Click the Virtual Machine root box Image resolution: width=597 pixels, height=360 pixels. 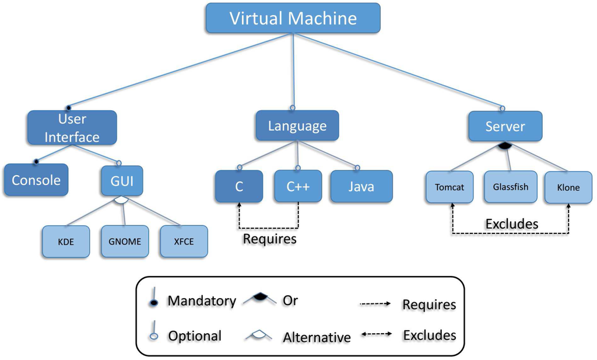click(x=293, y=18)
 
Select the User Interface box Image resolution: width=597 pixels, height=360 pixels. click(x=72, y=128)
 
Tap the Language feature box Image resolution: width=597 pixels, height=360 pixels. click(x=297, y=126)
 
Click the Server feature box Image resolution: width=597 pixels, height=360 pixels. click(x=505, y=126)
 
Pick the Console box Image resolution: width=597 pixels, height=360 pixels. click(x=36, y=180)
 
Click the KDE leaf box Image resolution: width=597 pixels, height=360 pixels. click(x=66, y=242)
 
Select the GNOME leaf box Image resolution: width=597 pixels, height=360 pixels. click(x=125, y=242)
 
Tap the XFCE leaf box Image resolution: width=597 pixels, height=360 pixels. click(x=184, y=242)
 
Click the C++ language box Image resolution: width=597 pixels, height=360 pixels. click(x=297, y=187)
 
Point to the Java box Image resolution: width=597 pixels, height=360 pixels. click(x=361, y=187)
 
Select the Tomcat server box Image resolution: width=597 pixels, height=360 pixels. click(x=449, y=187)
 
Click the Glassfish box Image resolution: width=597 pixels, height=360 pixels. click(x=510, y=187)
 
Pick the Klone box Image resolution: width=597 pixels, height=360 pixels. click(x=568, y=187)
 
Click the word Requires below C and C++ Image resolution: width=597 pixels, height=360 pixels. click(x=269, y=239)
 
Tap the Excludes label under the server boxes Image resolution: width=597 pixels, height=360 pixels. click(x=511, y=223)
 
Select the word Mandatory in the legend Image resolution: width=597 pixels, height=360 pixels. click(x=202, y=301)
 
